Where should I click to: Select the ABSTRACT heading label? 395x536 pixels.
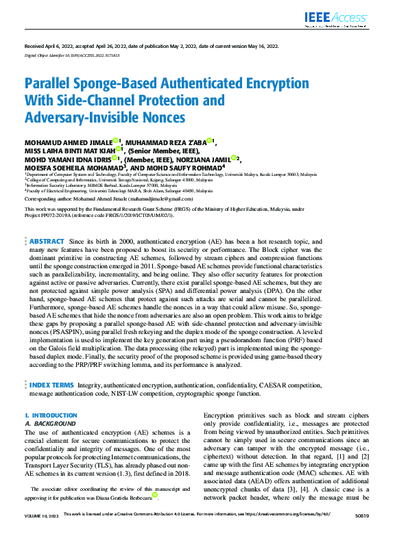coord(47,242)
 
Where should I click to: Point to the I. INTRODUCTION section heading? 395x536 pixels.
coord(51,416)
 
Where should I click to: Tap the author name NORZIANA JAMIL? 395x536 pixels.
coord(205,158)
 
